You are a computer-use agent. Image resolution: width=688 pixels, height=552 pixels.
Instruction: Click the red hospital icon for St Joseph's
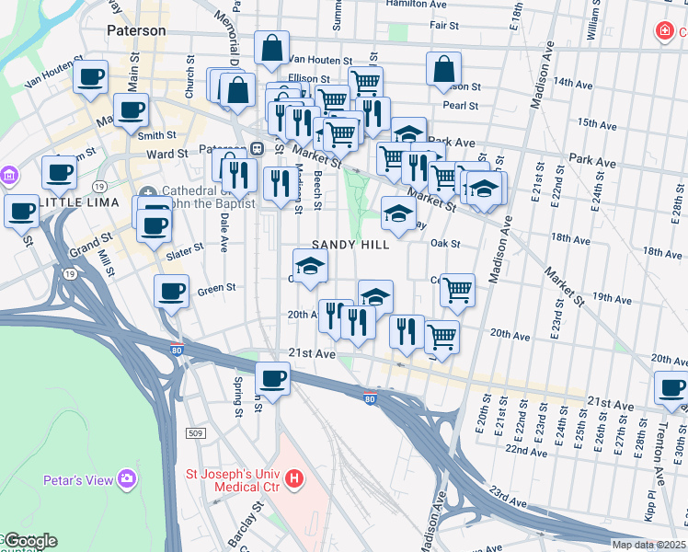[x=294, y=478]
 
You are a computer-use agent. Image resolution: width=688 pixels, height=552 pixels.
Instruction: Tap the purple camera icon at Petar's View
[x=126, y=479]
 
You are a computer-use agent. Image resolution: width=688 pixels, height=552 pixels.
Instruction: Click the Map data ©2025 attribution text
[x=648, y=545]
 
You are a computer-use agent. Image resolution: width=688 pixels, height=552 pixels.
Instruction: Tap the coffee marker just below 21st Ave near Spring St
[x=272, y=377]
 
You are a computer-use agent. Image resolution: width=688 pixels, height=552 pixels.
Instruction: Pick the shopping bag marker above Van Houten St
[x=272, y=49]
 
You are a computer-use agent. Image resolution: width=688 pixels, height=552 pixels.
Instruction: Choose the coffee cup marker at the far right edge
[x=672, y=388]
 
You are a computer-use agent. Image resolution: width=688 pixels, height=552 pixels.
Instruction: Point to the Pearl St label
[x=460, y=106]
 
